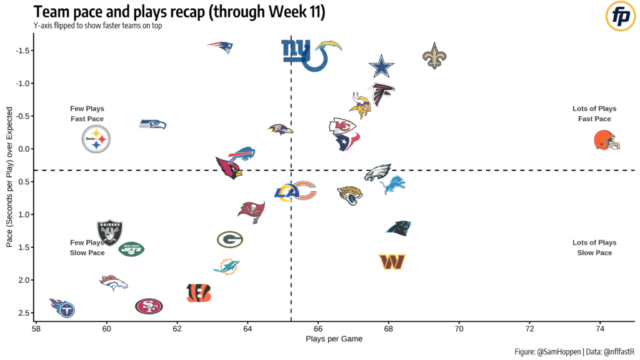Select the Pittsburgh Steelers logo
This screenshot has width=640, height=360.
[96, 139]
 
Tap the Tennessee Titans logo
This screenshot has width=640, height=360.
[62, 307]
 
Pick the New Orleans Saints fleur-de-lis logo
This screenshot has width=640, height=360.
[435, 56]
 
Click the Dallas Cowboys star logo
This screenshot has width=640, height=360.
[381, 67]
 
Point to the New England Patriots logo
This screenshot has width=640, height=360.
[220, 47]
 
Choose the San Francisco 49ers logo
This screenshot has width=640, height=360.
[149, 306]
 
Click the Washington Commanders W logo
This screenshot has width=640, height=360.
[392, 262]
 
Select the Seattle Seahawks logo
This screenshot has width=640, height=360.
[152, 124]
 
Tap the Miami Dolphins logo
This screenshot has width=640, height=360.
[226, 266]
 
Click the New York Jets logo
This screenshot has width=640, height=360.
[131, 249]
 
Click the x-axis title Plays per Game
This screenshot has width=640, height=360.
[334, 339]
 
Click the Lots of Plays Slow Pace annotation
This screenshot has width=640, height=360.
[594, 247]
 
